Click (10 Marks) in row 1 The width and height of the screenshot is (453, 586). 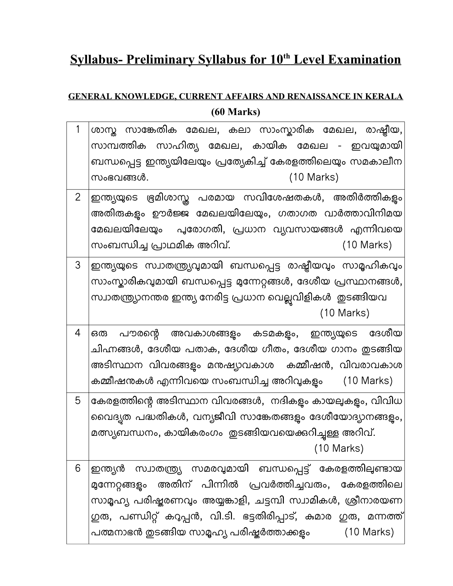[x=314, y=177]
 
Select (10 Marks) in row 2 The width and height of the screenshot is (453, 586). [x=367, y=245]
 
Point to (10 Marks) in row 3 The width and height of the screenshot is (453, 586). [x=345, y=313]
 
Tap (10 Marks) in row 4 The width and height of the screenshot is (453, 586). [x=368, y=381]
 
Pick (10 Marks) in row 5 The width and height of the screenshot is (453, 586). [x=339, y=448]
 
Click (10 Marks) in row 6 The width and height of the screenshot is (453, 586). [x=369, y=532]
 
